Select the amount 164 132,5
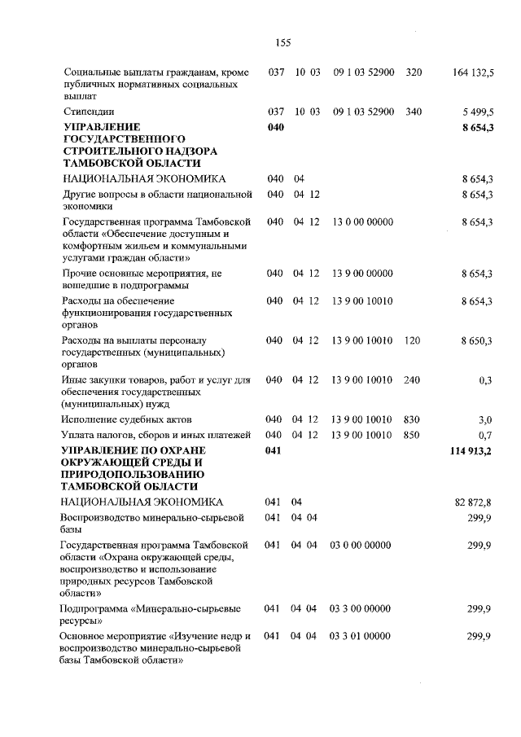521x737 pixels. click(x=472, y=72)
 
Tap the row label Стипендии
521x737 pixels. click(x=89, y=111)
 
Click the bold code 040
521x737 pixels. click(x=276, y=127)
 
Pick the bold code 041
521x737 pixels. click(x=276, y=450)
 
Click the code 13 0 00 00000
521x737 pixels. click(x=363, y=222)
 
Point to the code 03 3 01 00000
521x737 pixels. click(x=360, y=635)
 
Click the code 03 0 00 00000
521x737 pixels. click(x=360, y=545)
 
